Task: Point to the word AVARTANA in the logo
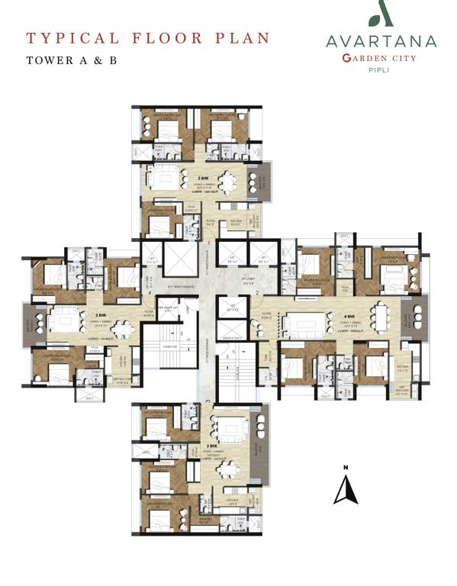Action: [x=379, y=42]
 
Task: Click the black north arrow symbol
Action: [x=346, y=489]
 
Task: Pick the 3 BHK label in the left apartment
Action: [x=101, y=314]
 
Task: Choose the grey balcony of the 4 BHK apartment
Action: [x=420, y=316]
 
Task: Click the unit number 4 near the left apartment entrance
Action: [x=150, y=292]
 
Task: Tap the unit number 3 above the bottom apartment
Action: [x=207, y=399]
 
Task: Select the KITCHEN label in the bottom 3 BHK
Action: [x=227, y=501]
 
